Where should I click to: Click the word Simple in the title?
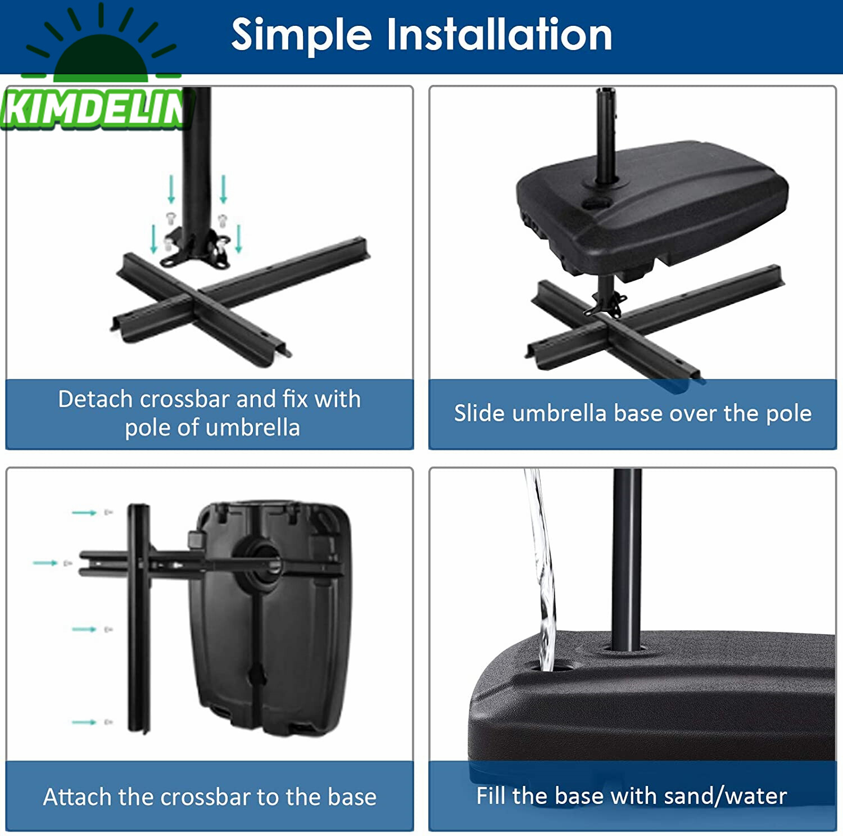(x=302, y=35)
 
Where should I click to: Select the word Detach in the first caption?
(x=95, y=399)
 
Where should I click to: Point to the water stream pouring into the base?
(x=541, y=568)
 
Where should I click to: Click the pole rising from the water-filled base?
(x=627, y=559)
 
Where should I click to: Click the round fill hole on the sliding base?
(x=597, y=205)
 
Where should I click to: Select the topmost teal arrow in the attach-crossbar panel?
(x=84, y=513)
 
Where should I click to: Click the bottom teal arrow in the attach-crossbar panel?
(x=84, y=722)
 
